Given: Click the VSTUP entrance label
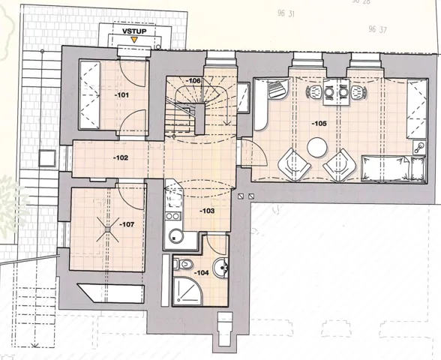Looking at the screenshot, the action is tap(134, 31).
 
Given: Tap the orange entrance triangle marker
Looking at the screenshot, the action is tap(134, 40).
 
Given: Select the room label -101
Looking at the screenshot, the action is tap(121, 95).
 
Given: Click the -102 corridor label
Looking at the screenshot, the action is tap(121, 157).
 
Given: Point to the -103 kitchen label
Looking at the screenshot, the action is tap(207, 211).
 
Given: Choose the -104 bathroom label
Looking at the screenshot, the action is tap(201, 272).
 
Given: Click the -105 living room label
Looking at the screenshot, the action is tap(319, 124).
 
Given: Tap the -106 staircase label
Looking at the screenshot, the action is tap(193, 81).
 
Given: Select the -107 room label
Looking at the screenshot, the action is tap(127, 224).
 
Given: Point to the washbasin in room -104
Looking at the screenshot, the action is tap(221, 267).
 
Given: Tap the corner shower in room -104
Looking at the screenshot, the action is tap(187, 291).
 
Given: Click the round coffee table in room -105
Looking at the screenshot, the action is tap(317, 147).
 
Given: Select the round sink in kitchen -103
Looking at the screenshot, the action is tap(175, 236).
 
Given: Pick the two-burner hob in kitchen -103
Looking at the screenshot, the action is tap(173, 216).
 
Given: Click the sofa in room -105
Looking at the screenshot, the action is tap(393, 168).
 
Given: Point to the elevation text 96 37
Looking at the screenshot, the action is tap(377, 29).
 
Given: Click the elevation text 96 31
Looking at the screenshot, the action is tap(286, 13).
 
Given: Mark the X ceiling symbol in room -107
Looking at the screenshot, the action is tap(108, 229).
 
